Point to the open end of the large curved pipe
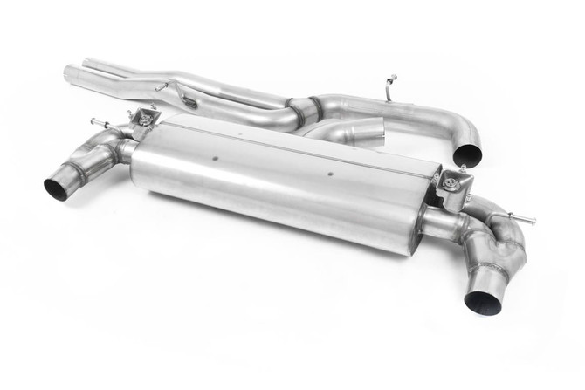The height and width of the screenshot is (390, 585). coord(468,154)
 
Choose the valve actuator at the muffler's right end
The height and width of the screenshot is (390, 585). coord(453,184)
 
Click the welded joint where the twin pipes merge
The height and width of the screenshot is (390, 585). coord(298,112)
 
